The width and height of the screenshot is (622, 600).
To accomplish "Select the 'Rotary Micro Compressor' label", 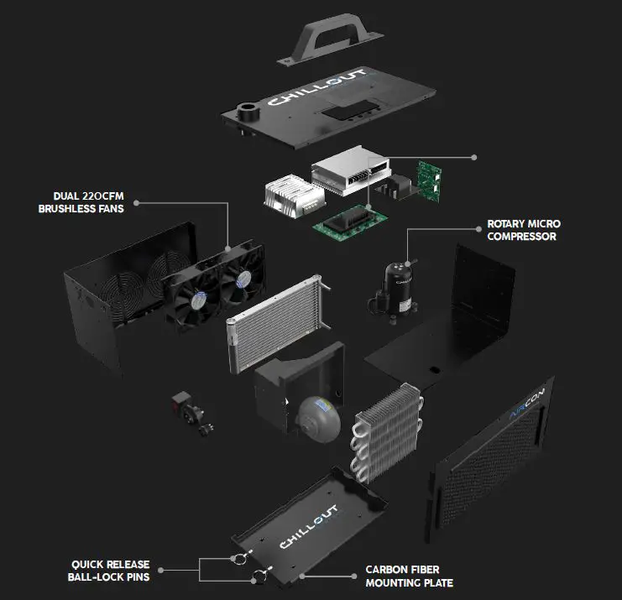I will [523, 231].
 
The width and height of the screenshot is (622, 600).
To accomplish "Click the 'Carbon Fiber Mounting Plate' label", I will [409, 576].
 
